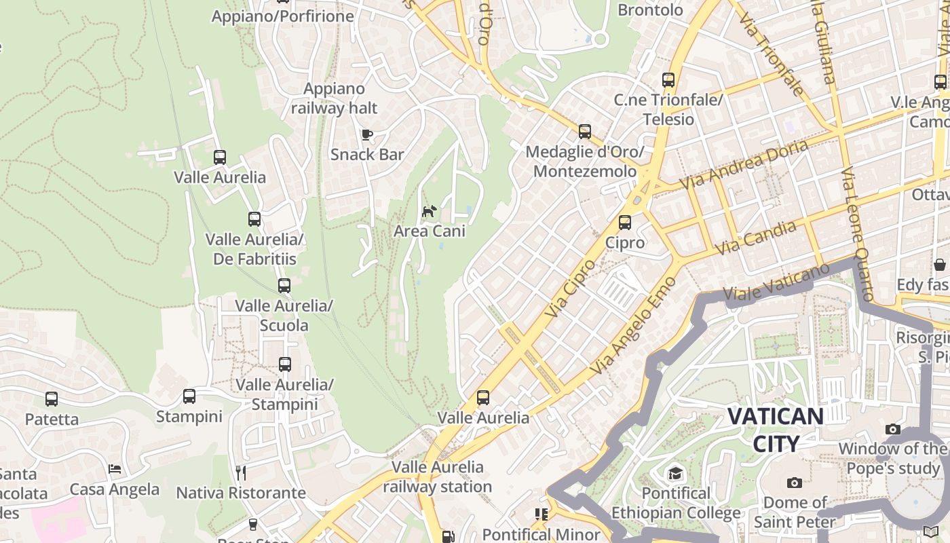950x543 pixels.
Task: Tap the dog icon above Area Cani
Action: (x=429, y=212)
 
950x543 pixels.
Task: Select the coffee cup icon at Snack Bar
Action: (x=366, y=134)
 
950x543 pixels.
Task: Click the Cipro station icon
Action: (x=624, y=223)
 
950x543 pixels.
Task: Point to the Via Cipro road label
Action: (x=569, y=288)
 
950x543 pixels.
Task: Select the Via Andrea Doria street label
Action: (x=744, y=165)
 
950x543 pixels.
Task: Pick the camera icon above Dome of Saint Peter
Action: (x=794, y=483)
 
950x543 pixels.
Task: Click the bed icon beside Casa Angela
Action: (x=115, y=469)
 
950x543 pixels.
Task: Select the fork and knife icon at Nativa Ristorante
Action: (x=240, y=472)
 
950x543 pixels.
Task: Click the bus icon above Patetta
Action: (x=52, y=399)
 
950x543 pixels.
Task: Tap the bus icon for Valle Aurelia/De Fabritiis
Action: (x=254, y=219)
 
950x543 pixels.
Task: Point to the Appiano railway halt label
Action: (x=335, y=98)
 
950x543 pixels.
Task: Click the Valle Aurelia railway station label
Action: (x=437, y=476)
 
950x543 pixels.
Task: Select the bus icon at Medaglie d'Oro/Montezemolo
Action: (x=584, y=132)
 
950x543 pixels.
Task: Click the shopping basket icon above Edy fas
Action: (x=940, y=264)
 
